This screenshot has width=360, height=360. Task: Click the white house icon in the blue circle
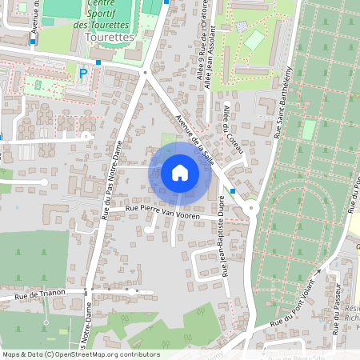click(x=179, y=172)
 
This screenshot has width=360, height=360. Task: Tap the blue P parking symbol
click(x=82, y=74)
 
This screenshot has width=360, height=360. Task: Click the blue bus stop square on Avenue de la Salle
click(x=232, y=191)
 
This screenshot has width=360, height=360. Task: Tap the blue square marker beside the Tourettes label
click(x=98, y=62)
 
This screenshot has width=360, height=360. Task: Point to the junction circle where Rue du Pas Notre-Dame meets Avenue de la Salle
click(x=145, y=73)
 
